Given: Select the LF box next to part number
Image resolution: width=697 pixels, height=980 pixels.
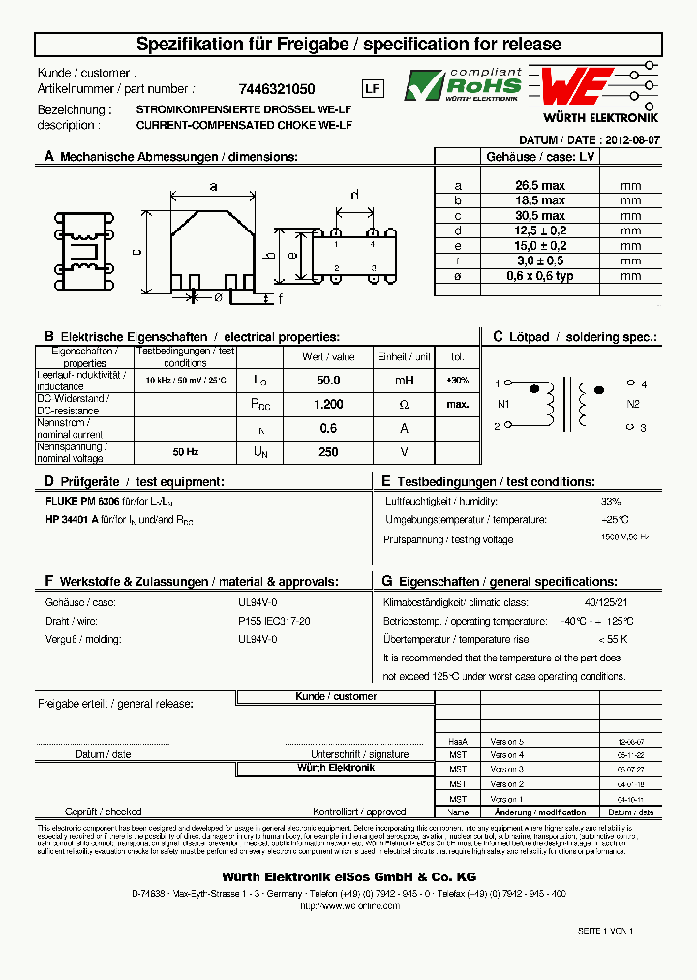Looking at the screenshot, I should pos(373,88).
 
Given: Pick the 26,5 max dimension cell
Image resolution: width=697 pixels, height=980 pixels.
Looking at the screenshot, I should pos(539,185).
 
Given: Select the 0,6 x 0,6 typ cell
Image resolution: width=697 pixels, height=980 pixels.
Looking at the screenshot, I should pos(539,276).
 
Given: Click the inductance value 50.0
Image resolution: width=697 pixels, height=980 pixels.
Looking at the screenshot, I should pos(328,381).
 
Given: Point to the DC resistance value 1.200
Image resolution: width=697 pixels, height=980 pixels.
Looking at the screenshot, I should pos(328,404).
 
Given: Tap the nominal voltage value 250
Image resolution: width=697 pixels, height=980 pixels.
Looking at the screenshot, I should pos(328,451).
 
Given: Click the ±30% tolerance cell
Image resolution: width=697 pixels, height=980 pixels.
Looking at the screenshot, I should pos(458,381).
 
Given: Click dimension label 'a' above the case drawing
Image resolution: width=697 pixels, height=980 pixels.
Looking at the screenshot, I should pos(213,186).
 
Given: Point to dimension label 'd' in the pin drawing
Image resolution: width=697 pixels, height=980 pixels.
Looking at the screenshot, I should pos(354,196).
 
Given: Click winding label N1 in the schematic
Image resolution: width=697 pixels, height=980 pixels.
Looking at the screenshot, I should pos(502,404).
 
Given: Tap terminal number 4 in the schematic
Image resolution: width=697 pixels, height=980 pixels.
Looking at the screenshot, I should pos(643,384).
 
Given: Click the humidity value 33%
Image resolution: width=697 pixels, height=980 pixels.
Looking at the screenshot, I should pos(611,502).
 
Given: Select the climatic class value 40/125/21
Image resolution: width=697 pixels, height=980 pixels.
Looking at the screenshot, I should pos(610,601).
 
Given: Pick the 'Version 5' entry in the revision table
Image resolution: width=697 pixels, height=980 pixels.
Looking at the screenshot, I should pos(506,740).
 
